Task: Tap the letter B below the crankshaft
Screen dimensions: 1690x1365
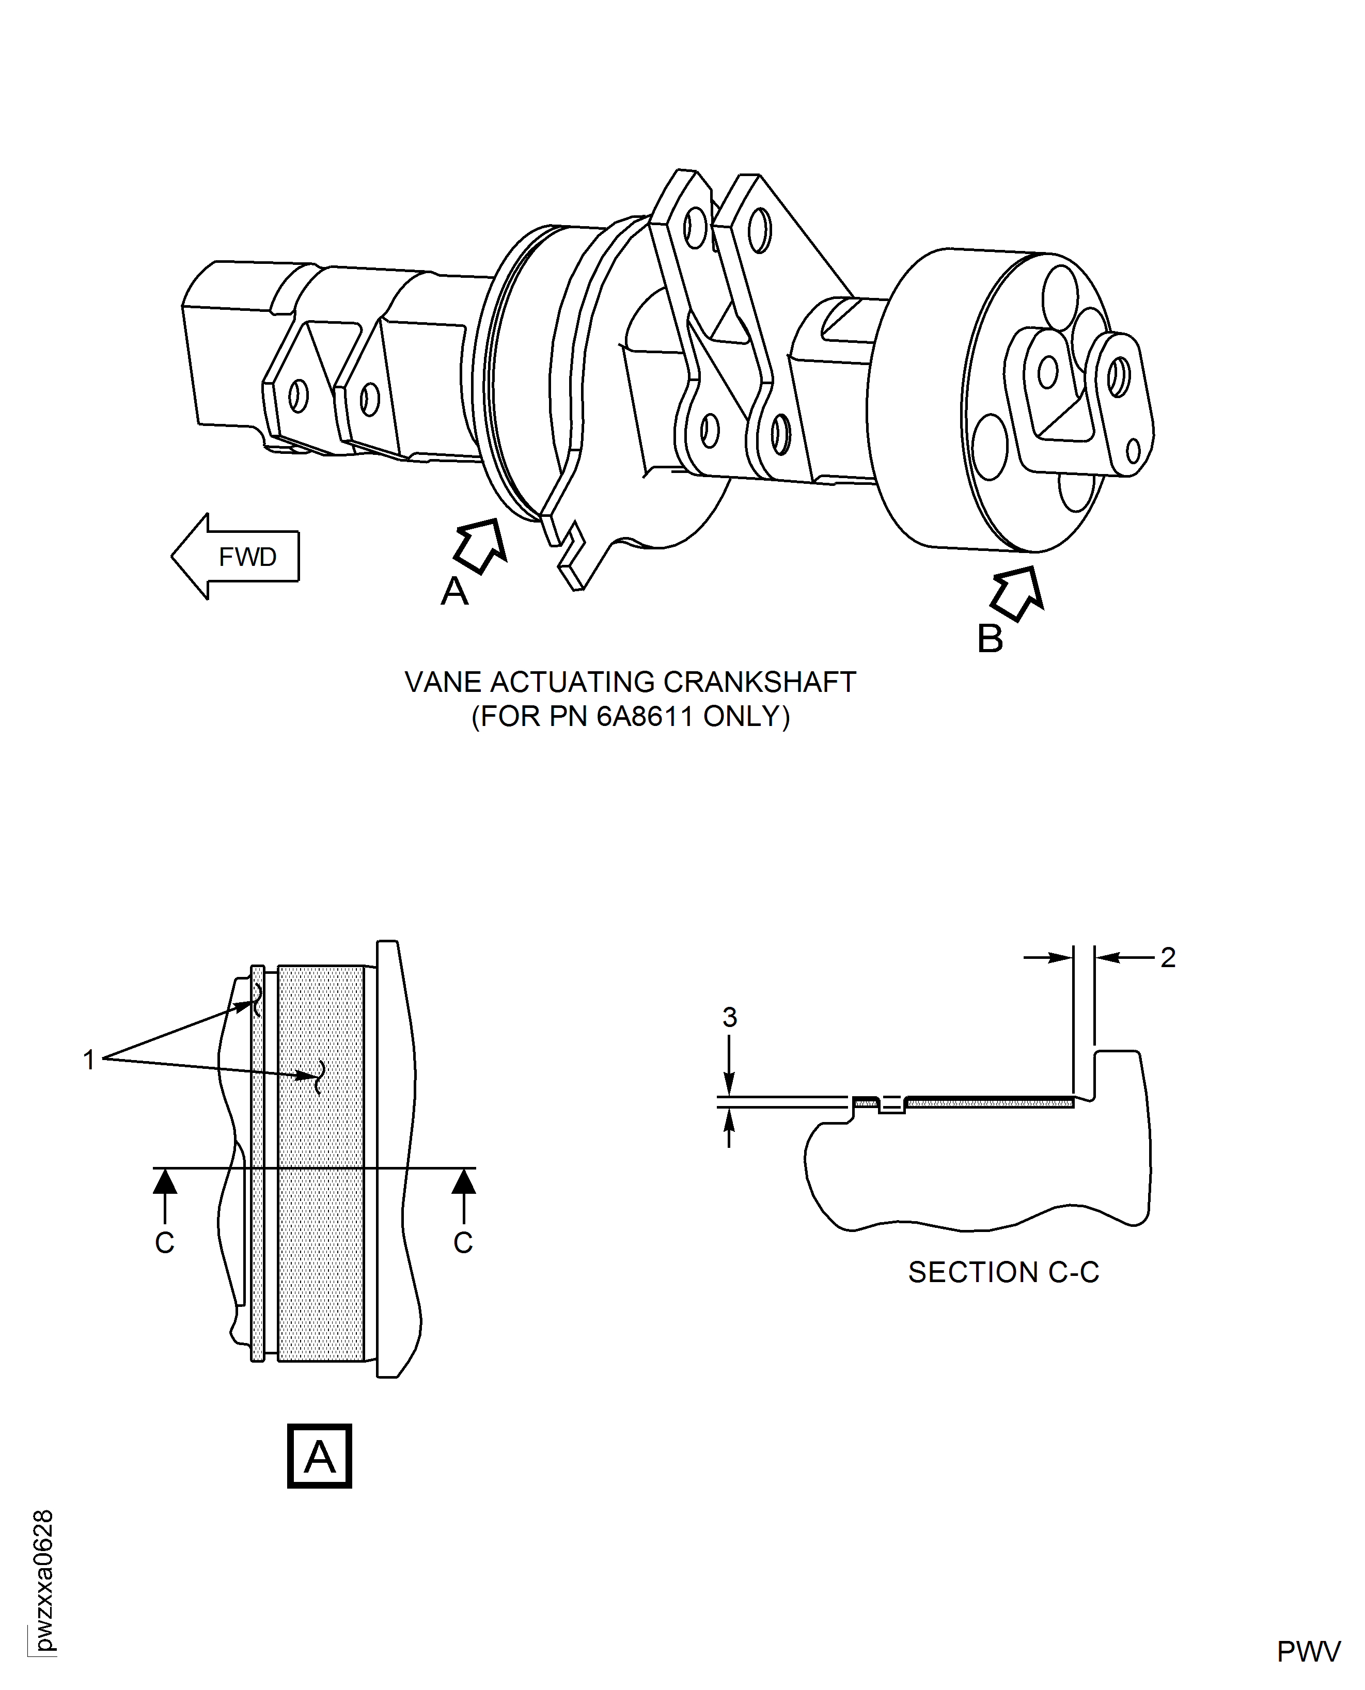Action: [x=990, y=639]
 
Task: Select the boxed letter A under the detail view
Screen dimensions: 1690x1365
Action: [x=319, y=1456]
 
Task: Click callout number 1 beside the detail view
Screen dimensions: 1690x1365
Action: [x=89, y=1060]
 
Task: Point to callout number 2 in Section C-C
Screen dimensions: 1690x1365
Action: [x=1168, y=957]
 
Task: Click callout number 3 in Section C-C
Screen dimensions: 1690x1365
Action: [x=730, y=1017]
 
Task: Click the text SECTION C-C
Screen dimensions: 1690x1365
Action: [x=1003, y=1272]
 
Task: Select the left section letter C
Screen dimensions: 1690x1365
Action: [x=164, y=1243]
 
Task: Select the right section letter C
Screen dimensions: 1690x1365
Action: [x=463, y=1243]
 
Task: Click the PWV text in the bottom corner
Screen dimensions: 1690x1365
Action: [x=1308, y=1651]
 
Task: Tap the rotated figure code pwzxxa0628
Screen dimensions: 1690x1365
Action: [x=44, y=1580]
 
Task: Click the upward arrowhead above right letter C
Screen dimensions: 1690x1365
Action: [x=464, y=1181]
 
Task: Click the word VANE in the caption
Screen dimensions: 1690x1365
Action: [x=442, y=682]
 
